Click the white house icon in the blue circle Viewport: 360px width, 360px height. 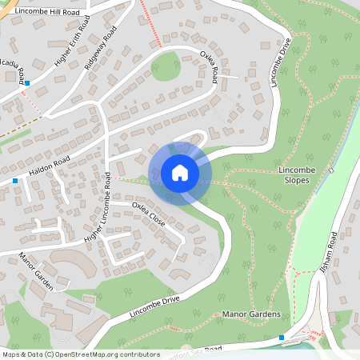pyautogui.click(x=179, y=173)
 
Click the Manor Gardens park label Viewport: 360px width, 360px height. pyautogui.click(x=252, y=314)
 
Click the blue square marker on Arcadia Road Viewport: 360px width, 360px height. pyautogui.click(x=27, y=82)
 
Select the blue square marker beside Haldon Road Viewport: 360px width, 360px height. pyautogui.click(x=15, y=181)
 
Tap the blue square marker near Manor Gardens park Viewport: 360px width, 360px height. pyautogui.click(x=281, y=338)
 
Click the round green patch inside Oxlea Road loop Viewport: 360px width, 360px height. pyautogui.click(x=166, y=66)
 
